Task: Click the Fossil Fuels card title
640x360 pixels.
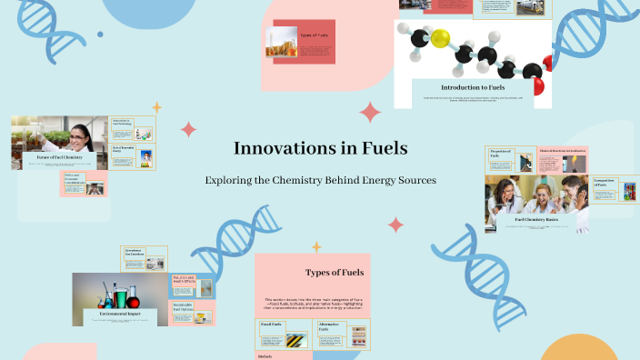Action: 272,325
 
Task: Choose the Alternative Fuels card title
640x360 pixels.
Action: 328,326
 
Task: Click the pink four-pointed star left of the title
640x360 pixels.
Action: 188,129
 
